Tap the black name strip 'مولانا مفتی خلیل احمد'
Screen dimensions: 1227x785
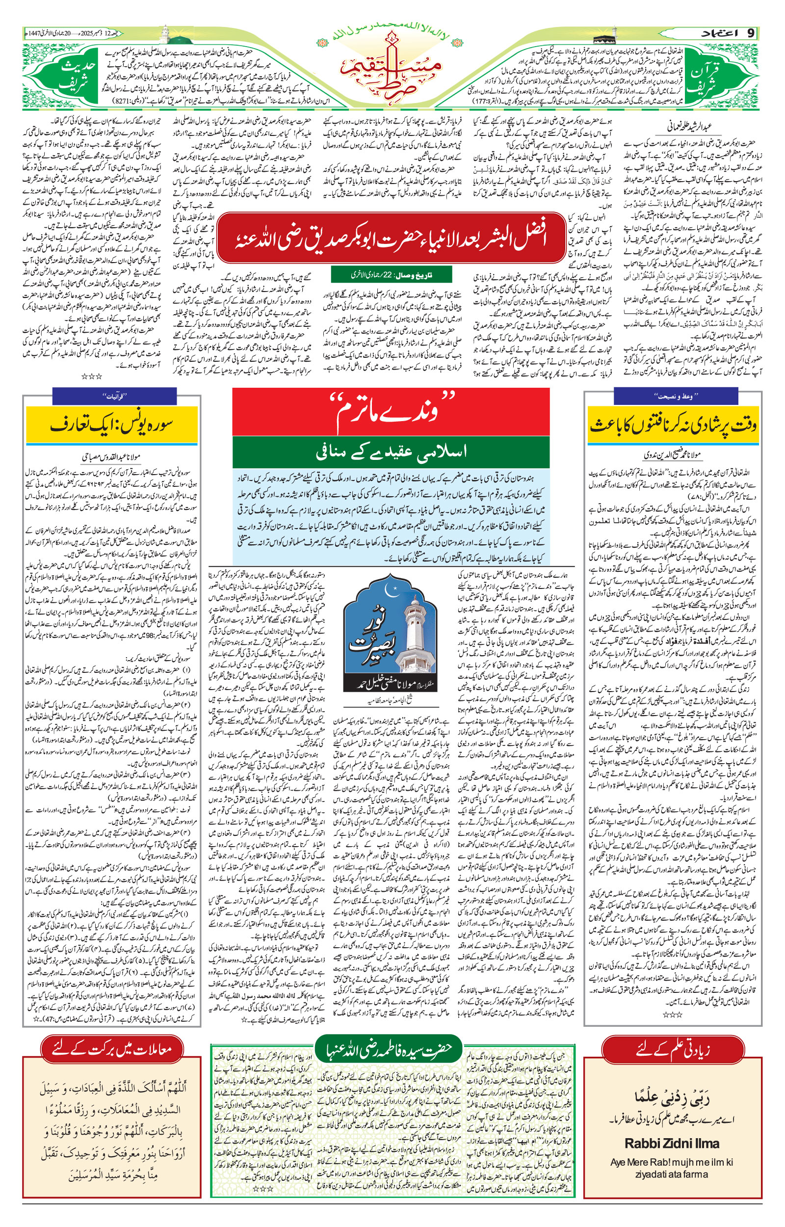pos(391,684)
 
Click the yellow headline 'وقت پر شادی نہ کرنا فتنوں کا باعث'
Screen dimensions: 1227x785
pos(673,425)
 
